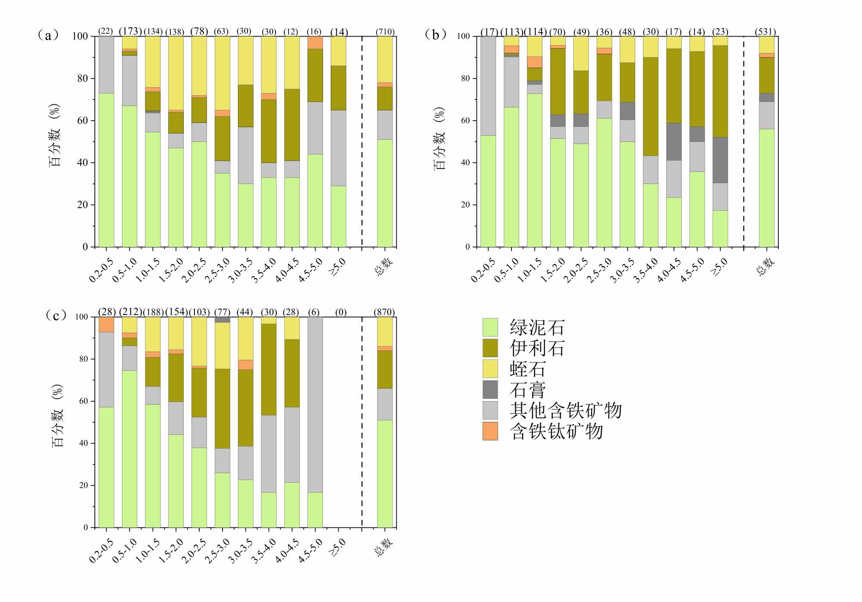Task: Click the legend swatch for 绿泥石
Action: [x=490, y=327]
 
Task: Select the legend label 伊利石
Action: [x=537, y=348]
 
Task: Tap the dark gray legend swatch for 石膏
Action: [x=490, y=390]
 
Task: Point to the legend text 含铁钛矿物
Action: [x=556, y=431]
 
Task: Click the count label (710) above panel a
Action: [x=385, y=31]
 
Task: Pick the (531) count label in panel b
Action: [x=765, y=31]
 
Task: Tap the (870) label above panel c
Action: [x=385, y=312]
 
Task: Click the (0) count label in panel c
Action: [x=341, y=312]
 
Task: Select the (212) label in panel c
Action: [x=130, y=312]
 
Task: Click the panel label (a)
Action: [x=48, y=35]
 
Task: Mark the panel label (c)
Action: [x=56, y=315]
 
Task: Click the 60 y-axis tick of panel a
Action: [x=82, y=121]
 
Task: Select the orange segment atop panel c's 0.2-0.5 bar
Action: [x=106, y=324]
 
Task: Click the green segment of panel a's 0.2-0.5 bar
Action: [x=106, y=170]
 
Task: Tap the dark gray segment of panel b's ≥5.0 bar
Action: [x=720, y=160]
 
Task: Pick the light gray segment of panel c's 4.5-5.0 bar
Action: [x=315, y=405]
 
